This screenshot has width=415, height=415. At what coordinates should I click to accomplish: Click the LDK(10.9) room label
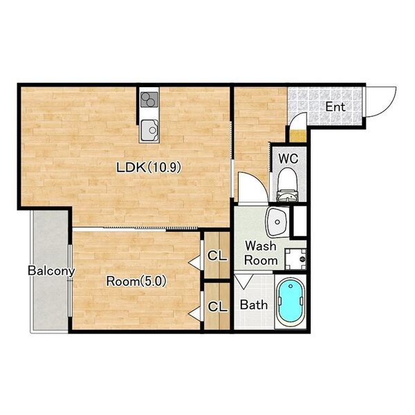click(149, 167)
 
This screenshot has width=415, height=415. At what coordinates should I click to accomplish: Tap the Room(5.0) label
click(136, 282)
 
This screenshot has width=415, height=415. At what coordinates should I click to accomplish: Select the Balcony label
click(51, 270)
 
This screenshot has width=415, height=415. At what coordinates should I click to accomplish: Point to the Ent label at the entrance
click(335, 107)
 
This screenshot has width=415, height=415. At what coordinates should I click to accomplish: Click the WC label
click(288, 158)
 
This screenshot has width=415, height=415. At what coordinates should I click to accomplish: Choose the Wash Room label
click(261, 253)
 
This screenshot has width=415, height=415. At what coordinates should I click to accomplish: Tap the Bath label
click(254, 304)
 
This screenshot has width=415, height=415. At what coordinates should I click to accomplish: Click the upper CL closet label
click(217, 256)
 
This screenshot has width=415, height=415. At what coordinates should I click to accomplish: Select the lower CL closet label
click(218, 306)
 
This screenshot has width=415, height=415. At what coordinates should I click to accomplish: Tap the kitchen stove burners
click(149, 100)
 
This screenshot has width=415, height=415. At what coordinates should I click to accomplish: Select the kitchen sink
click(149, 130)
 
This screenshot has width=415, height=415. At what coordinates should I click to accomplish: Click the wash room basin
click(277, 222)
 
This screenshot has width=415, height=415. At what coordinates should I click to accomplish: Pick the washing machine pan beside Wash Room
click(295, 259)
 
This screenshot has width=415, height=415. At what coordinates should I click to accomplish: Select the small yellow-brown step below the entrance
click(297, 136)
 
